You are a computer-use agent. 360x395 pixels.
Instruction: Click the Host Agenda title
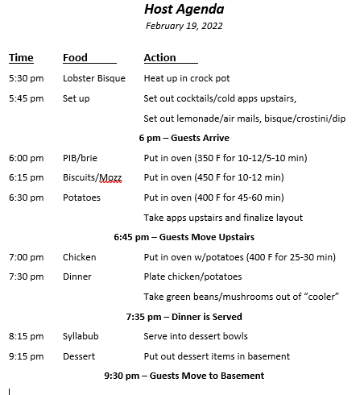[184, 10]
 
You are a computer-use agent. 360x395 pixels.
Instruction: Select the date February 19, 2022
[184, 26]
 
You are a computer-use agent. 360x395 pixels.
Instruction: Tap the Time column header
[21, 58]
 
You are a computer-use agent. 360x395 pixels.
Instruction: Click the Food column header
[76, 58]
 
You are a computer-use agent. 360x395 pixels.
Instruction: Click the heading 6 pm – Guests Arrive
[184, 138]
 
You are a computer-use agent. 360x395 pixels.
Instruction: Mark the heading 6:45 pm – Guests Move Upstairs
[184, 237]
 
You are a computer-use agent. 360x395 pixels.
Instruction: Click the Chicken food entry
[79, 257]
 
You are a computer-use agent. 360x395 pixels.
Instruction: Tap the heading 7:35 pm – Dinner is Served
[184, 316]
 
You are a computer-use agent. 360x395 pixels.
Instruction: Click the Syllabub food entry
[81, 336]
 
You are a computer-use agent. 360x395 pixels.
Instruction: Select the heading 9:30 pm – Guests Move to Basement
[184, 376]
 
